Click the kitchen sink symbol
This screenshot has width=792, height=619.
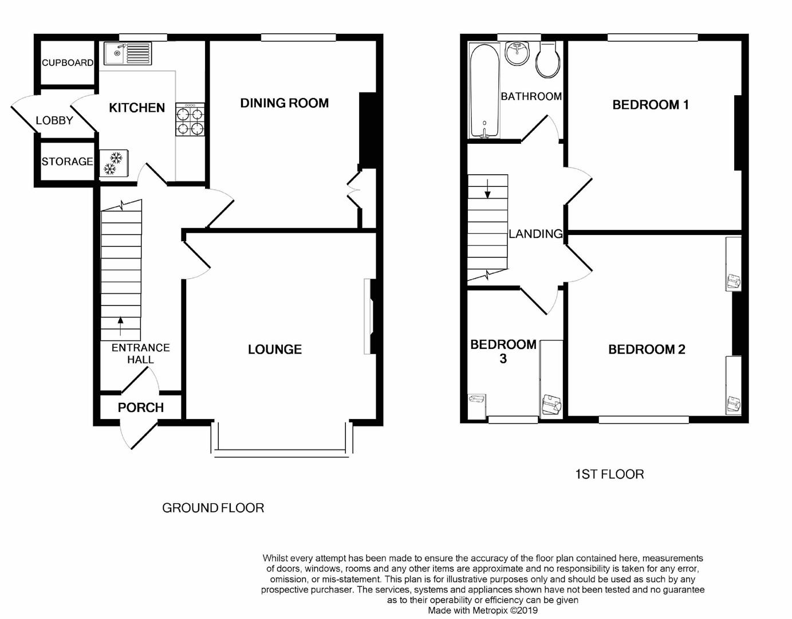point(127,53)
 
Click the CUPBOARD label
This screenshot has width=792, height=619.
point(67,62)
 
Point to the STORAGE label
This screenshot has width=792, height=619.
point(67,162)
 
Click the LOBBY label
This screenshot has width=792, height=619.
point(54,120)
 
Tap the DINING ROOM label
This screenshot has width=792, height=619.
point(284,103)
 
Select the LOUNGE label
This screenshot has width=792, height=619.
point(274,350)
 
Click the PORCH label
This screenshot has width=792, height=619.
point(141,408)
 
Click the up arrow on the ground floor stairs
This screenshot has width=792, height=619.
point(120,326)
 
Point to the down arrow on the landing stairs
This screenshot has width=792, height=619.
point(487,189)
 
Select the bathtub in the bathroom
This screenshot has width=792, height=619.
point(484,91)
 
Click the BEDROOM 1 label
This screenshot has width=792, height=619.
point(650,105)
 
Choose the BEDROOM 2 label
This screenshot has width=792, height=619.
point(647,350)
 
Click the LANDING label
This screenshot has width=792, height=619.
point(535,234)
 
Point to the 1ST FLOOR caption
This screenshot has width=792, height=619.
point(609,475)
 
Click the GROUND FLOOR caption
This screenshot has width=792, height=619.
point(213,508)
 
